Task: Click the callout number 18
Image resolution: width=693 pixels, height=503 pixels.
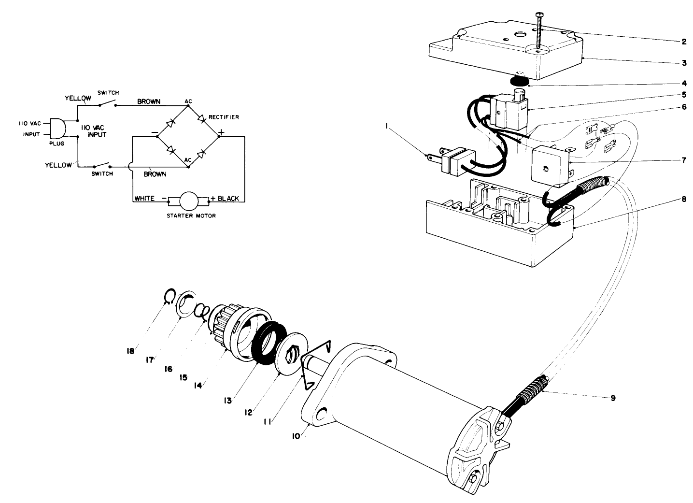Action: pyautogui.click(x=129, y=352)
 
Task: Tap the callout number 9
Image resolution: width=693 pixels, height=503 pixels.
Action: pyautogui.click(x=613, y=399)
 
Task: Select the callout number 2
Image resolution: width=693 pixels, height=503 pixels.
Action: pyautogui.click(x=684, y=42)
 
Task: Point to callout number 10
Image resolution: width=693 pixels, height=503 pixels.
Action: pyautogui.click(x=296, y=435)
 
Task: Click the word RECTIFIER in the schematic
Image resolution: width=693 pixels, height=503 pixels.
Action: pyautogui.click(x=224, y=117)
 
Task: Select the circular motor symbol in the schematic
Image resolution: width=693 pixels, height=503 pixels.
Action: pyautogui.click(x=188, y=199)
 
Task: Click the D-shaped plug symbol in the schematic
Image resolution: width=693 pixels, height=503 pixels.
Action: pyautogui.click(x=57, y=128)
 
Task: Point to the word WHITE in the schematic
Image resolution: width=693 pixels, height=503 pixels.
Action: pyautogui.click(x=144, y=199)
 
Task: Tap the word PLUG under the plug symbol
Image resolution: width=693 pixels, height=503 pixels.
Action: pyautogui.click(x=57, y=144)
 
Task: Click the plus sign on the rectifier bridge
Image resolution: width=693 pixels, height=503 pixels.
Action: pyautogui.click(x=221, y=131)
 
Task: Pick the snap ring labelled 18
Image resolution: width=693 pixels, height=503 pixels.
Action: pyautogui.click(x=167, y=296)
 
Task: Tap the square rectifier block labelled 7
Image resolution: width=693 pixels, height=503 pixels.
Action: pyautogui.click(x=549, y=167)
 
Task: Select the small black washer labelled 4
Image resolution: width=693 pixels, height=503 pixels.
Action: pyautogui.click(x=519, y=80)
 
